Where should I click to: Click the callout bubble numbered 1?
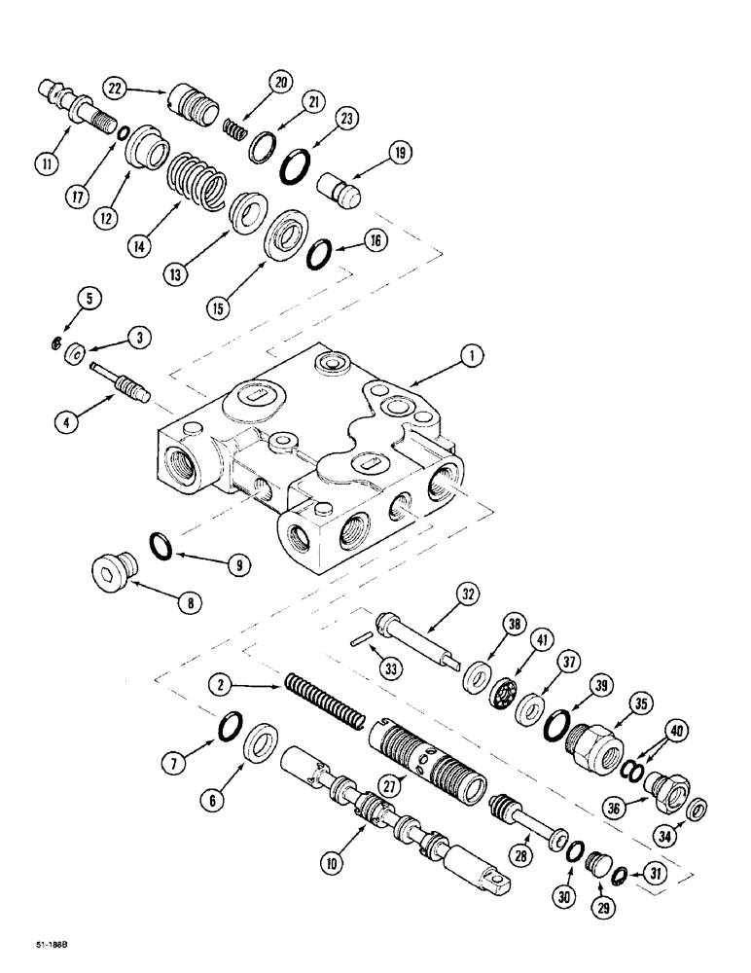pyautogui.click(x=470, y=358)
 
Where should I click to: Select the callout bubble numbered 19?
pyautogui.click(x=400, y=152)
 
